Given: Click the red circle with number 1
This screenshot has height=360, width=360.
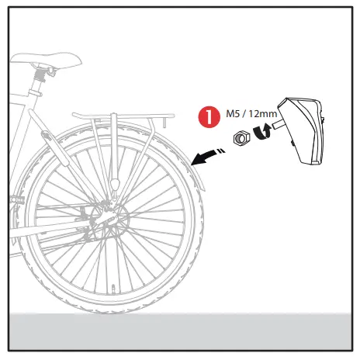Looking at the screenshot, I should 207,118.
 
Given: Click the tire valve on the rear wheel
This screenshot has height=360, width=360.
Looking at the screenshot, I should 115,292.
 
